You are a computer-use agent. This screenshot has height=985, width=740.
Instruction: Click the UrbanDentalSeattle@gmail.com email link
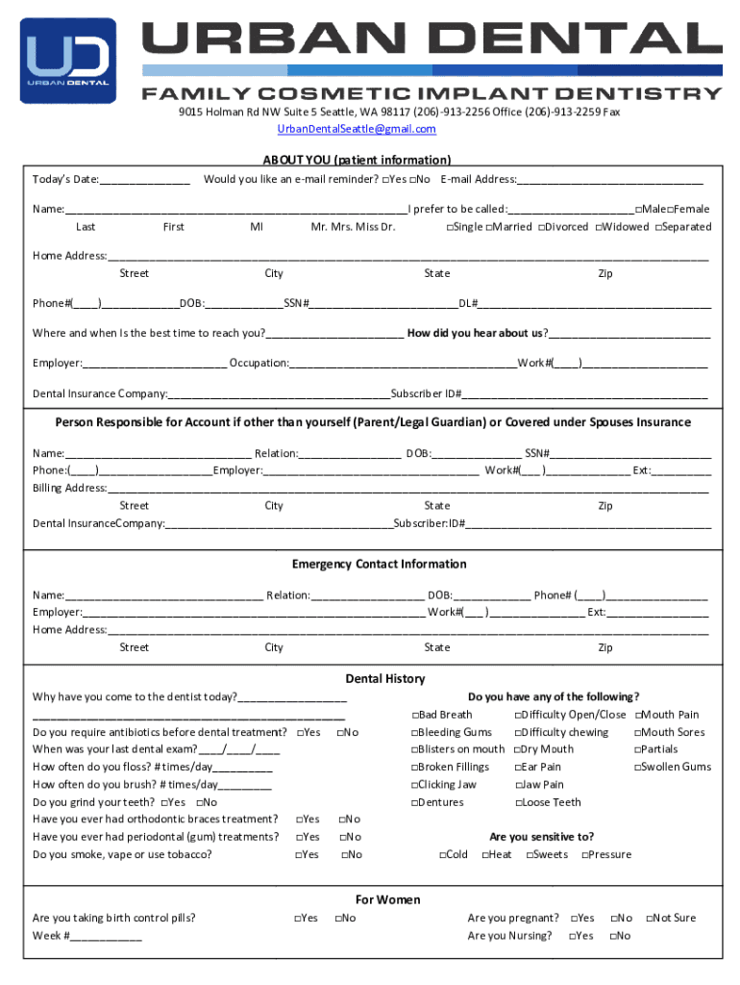(x=357, y=129)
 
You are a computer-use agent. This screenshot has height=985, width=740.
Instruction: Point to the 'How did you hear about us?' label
(x=477, y=333)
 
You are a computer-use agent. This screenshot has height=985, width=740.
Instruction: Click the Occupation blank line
(x=403, y=364)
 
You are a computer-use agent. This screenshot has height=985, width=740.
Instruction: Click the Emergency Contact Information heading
(x=379, y=564)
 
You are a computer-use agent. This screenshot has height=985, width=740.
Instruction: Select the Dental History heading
(x=384, y=678)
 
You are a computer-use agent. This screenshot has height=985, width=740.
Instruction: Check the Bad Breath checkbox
(x=415, y=715)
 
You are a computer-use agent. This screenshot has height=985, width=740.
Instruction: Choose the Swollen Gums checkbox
(x=636, y=768)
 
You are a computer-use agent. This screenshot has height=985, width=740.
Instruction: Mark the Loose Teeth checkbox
(x=518, y=802)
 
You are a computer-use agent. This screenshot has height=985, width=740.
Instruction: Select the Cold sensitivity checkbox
(x=443, y=855)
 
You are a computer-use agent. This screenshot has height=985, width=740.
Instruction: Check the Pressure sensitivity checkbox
(x=584, y=855)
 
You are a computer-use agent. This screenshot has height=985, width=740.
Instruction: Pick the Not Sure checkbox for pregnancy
(x=649, y=919)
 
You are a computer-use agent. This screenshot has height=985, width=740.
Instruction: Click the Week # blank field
(x=105, y=936)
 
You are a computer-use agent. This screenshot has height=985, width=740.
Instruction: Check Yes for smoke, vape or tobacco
(x=298, y=855)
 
